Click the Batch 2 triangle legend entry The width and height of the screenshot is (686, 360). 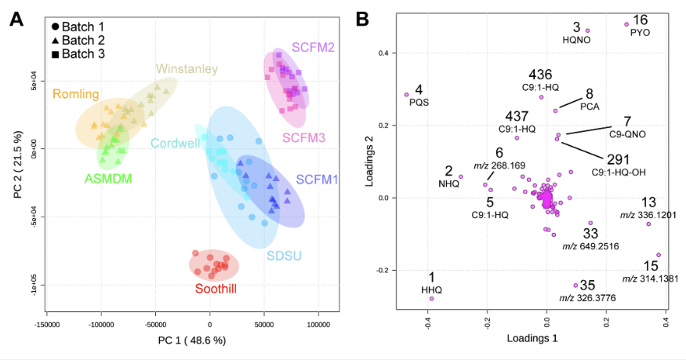point(78,40)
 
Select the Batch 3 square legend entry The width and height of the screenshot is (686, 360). point(78,54)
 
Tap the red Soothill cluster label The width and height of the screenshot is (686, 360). point(216,289)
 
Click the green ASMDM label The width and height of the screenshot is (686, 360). point(108,179)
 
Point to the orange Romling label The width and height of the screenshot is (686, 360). point(76,94)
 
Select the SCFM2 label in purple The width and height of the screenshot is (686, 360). point(314,47)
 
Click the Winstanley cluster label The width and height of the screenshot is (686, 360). point(187,69)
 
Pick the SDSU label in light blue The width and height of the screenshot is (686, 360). point(285,256)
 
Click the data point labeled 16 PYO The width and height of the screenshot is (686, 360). point(626,24)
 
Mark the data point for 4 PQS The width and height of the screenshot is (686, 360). point(406,94)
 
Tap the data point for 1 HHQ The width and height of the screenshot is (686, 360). point(431,299)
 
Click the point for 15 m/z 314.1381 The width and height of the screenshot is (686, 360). point(659,255)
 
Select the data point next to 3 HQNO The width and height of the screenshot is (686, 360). point(587,31)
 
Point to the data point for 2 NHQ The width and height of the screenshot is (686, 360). point(461,177)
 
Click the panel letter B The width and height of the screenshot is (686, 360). point(363,20)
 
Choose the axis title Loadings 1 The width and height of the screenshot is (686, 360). point(532,338)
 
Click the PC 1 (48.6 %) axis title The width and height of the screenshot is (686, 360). point(192,340)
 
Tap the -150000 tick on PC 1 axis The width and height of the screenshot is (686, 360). point(47,325)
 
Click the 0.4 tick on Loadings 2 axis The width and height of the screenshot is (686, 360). point(384,53)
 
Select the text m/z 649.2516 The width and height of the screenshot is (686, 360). point(590,246)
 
